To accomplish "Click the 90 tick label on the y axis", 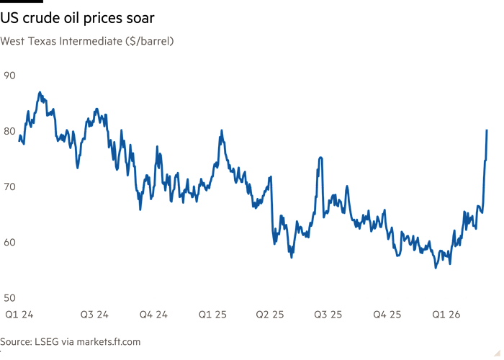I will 10,75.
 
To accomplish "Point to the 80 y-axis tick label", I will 10,130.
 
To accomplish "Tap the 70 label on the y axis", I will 10,186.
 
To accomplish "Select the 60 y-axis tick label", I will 10,243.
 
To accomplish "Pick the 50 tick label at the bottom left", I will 10,298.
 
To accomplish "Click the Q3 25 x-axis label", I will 328,315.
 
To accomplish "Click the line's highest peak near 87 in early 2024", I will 40,92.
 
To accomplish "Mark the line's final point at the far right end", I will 488,130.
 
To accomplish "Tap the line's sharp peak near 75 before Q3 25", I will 320,158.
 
